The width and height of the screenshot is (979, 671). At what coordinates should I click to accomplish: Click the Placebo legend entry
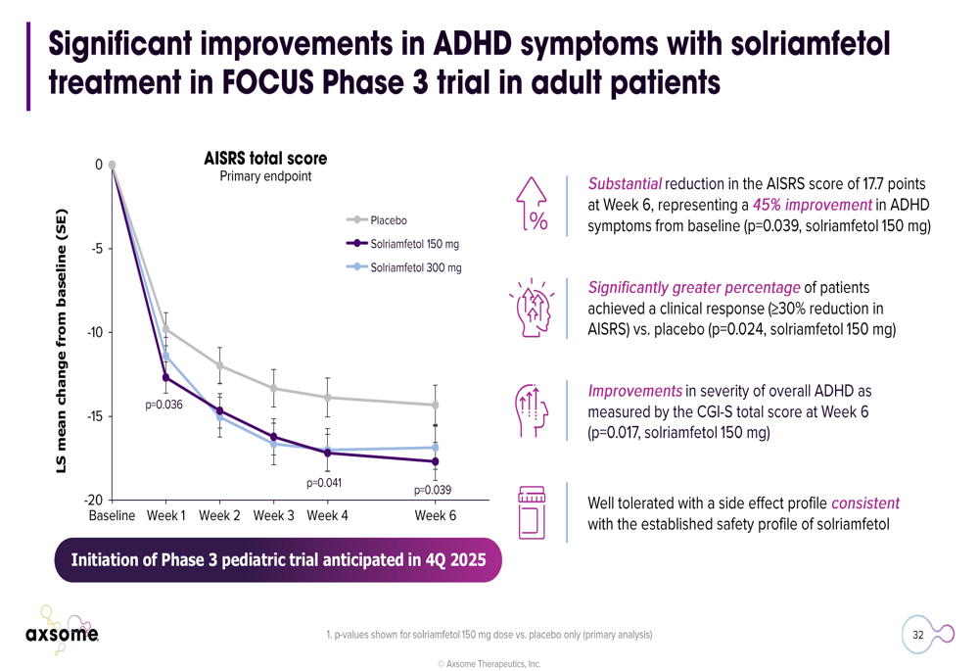pyautogui.click(x=389, y=220)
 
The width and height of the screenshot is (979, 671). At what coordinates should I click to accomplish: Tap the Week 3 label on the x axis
pyautogui.click(x=273, y=515)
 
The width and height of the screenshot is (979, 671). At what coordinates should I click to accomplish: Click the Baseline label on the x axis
pyautogui.click(x=112, y=515)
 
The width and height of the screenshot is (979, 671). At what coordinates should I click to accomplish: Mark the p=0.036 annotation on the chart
pyautogui.click(x=164, y=405)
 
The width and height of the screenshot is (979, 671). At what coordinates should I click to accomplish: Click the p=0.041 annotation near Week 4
pyautogui.click(x=324, y=482)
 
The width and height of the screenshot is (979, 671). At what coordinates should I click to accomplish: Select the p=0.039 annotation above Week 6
pyautogui.click(x=432, y=490)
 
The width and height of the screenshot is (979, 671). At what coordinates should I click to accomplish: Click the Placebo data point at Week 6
pyautogui.click(x=435, y=405)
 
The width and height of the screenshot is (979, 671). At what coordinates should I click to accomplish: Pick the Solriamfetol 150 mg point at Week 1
pyautogui.click(x=165, y=377)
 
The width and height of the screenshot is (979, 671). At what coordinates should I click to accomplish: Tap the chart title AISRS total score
pyautogui.click(x=265, y=159)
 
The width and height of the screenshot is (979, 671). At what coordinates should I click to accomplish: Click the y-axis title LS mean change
pyautogui.click(x=61, y=342)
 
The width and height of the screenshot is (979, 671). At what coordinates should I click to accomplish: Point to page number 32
pyautogui.click(x=918, y=635)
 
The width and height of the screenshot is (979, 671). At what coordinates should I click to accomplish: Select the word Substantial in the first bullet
pyautogui.click(x=625, y=183)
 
